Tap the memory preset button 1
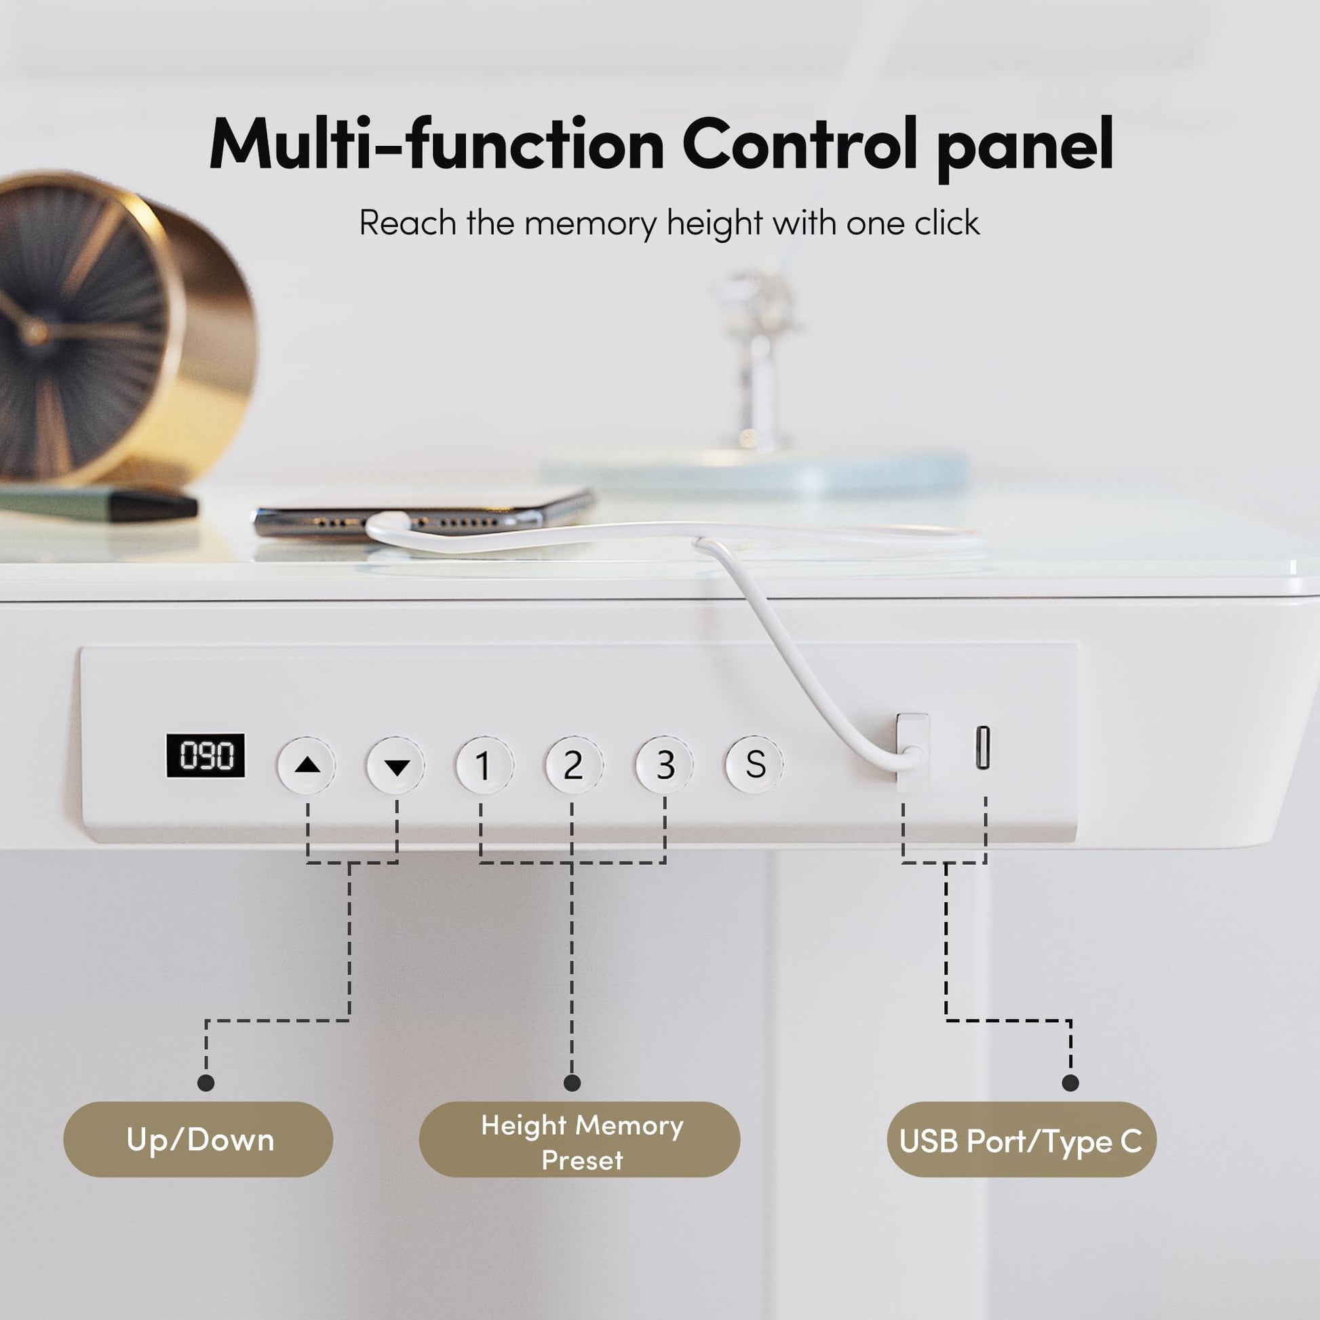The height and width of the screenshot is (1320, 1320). tap(484, 764)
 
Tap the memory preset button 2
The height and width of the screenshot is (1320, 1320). tap(573, 764)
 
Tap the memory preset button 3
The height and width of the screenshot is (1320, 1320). tap(664, 764)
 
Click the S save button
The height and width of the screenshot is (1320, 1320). tap(754, 764)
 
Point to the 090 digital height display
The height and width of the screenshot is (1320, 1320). tap(206, 756)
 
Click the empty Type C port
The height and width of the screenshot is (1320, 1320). tap(982, 748)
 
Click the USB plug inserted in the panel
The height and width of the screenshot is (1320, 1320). tap(913, 752)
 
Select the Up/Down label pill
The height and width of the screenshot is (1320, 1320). tap(198, 1139)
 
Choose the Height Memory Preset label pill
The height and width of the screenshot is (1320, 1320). tap(579, 1139)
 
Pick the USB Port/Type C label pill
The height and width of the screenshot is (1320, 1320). tap(1022, 1139)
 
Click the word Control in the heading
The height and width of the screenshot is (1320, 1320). tap(800, 144)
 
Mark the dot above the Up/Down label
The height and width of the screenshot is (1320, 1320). tap(206, 1082)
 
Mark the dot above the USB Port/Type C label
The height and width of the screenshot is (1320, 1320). tap(1070, 1082)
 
